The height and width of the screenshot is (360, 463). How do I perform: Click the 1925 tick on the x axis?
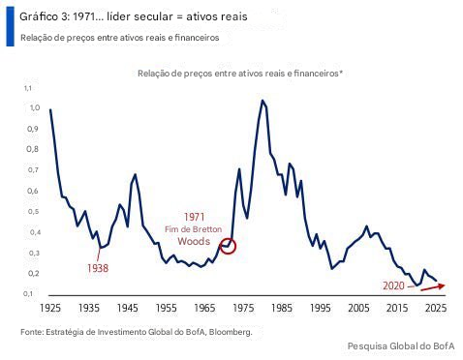[x=50, y=309]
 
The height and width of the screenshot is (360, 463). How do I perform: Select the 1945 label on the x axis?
[x=127, y=309]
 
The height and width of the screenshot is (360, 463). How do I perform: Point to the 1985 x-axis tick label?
[x=282, y=309]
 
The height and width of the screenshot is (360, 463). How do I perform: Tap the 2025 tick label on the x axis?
[x=436, y=309]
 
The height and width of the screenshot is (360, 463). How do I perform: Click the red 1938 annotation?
[x=98, y=267]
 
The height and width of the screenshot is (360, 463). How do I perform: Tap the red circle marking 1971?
[x=228, y=247]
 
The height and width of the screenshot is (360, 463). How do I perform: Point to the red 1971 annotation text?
[x=194, y=216]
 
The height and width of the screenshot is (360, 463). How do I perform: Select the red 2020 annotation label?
[x=393, y=286]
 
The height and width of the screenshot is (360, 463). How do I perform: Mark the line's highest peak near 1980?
[x=262, y=100]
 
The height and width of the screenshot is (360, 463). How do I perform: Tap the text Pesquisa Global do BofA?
[x=400, y=346]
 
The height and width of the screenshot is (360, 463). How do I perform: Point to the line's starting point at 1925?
[x=50, y=109]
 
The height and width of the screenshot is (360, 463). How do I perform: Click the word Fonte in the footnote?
[x=32, y=332]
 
